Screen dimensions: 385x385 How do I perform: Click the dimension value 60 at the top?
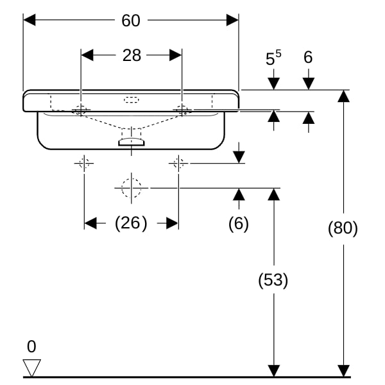pos(131,21)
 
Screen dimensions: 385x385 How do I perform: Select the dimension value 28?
pos(132,55)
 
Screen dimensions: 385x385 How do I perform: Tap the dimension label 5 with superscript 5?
pos(273,58)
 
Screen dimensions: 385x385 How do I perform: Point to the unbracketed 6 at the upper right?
pos(308,57)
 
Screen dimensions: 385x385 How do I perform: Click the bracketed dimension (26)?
pos(131,223)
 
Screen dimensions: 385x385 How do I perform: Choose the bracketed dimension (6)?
pos(239,224)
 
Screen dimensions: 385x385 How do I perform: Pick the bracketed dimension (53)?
pos(273,280)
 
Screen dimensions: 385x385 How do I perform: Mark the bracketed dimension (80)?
pos(343,228)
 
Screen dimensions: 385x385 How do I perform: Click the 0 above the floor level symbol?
pos(31,346)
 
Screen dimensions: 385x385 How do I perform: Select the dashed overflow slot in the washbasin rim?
pos(132,100)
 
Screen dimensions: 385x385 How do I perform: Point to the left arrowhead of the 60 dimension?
pos(30,20)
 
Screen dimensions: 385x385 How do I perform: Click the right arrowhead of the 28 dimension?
pos(176,55)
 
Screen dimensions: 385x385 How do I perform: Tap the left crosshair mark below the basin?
pos(84,163)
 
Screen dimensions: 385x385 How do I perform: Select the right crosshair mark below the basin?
pos(178,163)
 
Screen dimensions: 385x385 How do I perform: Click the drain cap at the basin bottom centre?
pos(132,142)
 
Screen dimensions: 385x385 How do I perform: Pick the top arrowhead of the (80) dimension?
pos(343,96)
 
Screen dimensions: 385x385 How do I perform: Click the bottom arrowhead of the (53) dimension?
pos(273,371)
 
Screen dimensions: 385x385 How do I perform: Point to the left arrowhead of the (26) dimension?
pos(90,223)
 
